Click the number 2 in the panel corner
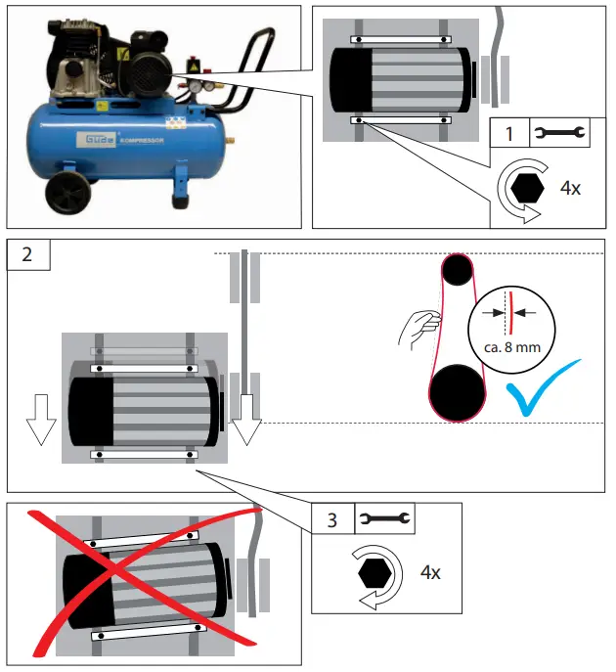[27, 253]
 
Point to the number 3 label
[331, 519]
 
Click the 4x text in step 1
[569, 187]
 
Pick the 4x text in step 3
[429, 572]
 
